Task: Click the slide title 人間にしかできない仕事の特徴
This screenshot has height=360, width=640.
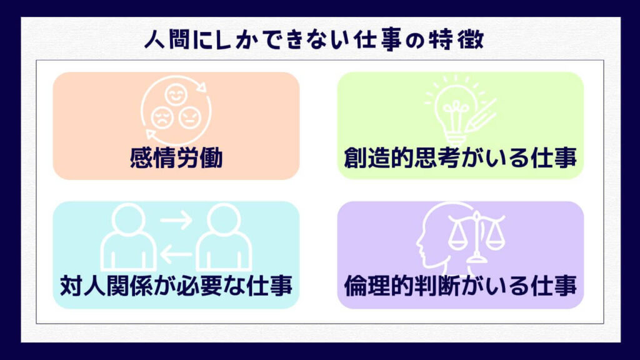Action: click(314, 39)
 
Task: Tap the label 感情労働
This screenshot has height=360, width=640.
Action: click(176, 158)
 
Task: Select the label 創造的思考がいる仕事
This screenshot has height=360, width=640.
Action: click(461, 158)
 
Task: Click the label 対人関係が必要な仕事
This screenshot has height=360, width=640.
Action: click(176, 285)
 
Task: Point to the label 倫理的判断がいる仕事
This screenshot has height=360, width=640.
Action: click(461, 285)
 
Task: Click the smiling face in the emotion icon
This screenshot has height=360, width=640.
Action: click(176, 94)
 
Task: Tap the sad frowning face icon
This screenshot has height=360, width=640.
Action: click(162, 117)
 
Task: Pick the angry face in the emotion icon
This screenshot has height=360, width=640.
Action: click(190, 117)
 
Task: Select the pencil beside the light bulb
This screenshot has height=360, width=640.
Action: click(481, 116)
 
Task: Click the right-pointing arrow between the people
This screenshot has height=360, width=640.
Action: click(176, 220)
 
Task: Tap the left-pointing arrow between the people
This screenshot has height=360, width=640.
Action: click(176, 254)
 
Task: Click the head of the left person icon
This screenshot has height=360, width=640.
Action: click(129, 220)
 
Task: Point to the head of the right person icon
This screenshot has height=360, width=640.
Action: click(224, 220)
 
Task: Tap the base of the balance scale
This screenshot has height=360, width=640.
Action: click(476, 258)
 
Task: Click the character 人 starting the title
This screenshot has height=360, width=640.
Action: click(155, 40)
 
